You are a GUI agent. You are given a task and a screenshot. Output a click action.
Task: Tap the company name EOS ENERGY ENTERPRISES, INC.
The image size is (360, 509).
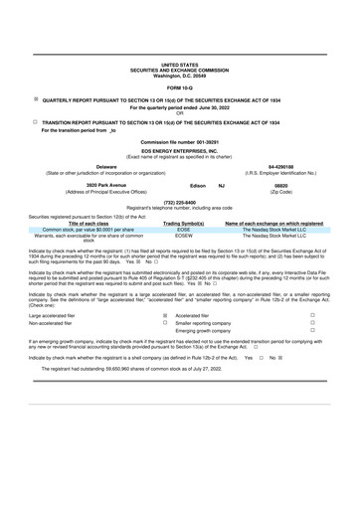[179, 151]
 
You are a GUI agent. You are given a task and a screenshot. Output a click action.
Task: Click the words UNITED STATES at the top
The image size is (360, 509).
[179, 62]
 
